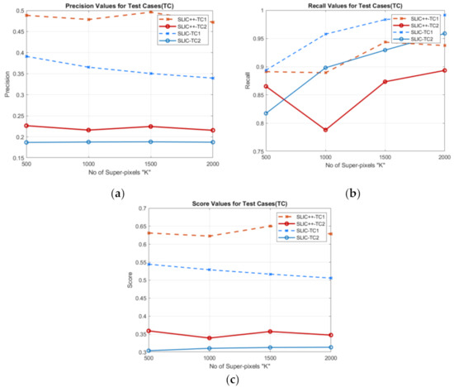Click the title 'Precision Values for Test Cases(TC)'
coord(121,5)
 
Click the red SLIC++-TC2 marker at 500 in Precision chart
coord(26,126)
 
